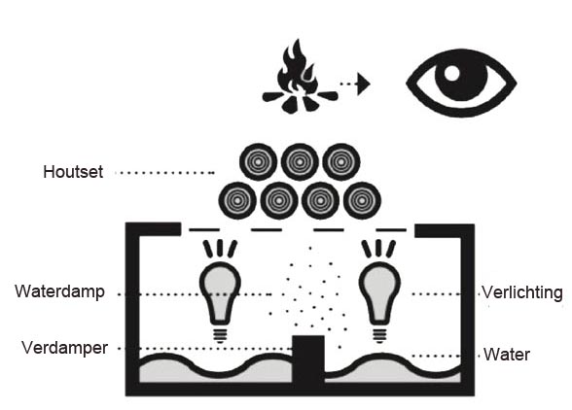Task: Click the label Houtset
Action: tap(73, 172)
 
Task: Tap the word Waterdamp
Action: tap(60, 291)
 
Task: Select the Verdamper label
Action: tap(64, 348)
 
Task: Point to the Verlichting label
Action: tap(522, 292)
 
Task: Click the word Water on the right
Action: tap(507, 355)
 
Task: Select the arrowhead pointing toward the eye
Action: tap(364, 84)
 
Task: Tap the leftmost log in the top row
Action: tap(258, 162)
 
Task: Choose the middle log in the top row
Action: tap(300, 162)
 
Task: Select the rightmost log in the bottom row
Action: tap(362, 200)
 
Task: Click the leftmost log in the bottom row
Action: tap(237, 200)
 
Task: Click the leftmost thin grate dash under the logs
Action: tap(204, 229)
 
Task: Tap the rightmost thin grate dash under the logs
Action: tap(391, 230)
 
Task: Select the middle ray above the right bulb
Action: tap(379, 248)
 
